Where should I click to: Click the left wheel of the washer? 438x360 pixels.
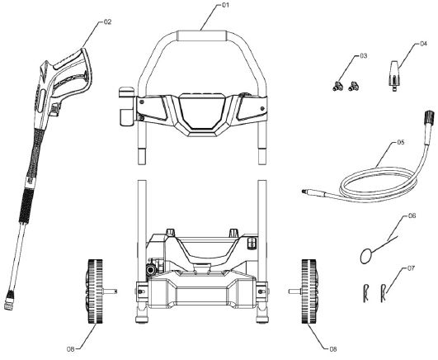92,291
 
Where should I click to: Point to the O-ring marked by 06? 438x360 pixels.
368,255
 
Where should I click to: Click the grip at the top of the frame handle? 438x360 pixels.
204,36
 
